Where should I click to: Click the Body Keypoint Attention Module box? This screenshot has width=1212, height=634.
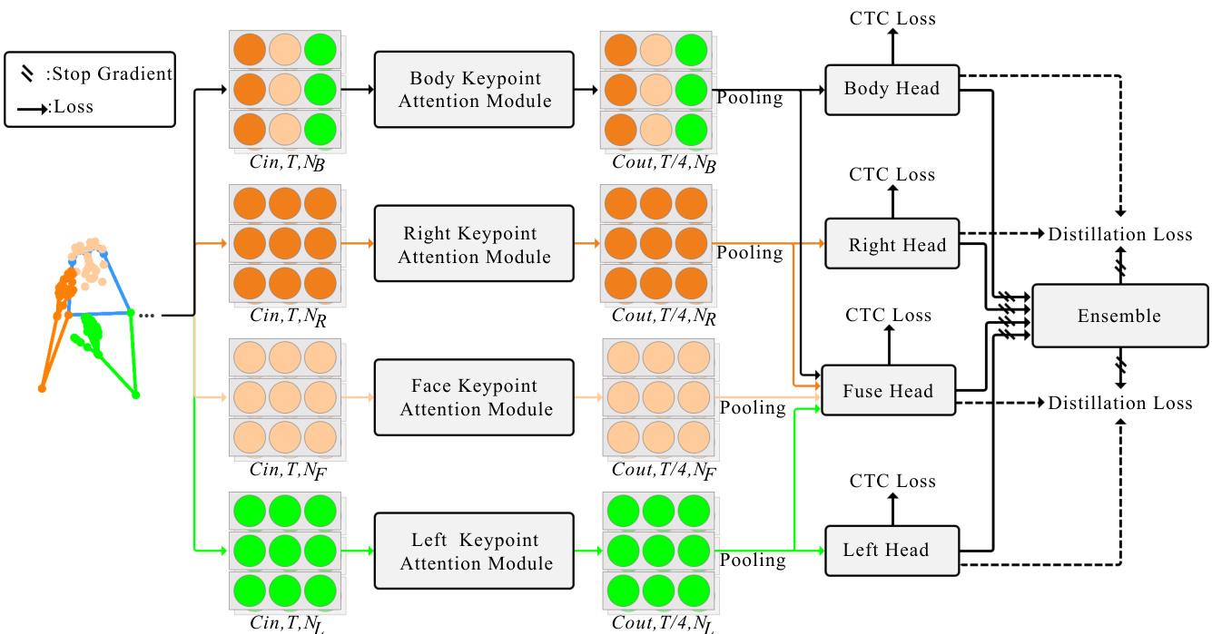[x=474, y=90]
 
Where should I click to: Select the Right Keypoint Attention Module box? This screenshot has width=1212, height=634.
[x=474, y=245]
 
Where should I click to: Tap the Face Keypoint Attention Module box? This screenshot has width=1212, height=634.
[x=474, y=397]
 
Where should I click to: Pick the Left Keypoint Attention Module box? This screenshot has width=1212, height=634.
[x=474, y=551]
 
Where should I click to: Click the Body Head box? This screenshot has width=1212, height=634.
[x=892, y=89]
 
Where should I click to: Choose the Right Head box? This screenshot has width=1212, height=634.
[x=892, y=244]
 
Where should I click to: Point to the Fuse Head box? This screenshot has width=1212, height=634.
[x=888, y=391]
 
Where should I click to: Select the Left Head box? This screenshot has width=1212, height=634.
[x=892, y=550]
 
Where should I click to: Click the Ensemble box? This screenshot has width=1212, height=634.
[x=1119, y=316]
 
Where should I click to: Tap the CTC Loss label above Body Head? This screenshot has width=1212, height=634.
[x=892, y=18]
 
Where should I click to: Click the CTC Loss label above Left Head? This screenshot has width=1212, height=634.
[x=892, y=481]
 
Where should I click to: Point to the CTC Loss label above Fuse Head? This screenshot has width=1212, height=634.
[x=889, y=316]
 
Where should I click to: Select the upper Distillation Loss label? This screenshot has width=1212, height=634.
[x=1120, y=234]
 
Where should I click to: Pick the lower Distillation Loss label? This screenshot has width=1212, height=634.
[x=1120, y=403]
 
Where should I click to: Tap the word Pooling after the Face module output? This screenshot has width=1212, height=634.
[x=753, y=407]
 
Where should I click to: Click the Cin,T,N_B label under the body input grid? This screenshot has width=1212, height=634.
[x=286, y=163]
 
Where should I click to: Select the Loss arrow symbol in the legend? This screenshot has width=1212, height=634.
[x=32, y=108]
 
